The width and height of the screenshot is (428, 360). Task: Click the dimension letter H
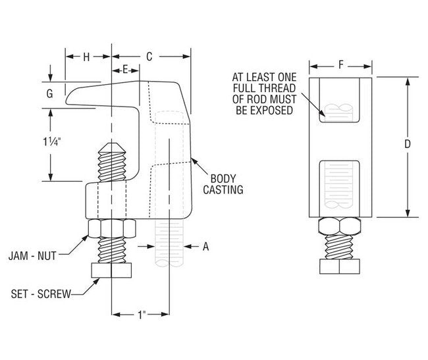[x=86, y=57]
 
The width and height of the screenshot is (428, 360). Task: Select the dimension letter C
[x=149, y=57]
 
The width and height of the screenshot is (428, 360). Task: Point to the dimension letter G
[x=49, y=94]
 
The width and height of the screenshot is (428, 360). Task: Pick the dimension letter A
[x=205, y=247]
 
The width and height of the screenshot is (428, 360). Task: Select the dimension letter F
[x=340, y=64]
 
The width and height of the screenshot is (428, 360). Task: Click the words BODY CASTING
[x=227, y=184]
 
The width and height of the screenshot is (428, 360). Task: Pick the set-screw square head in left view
[x=112, y=270]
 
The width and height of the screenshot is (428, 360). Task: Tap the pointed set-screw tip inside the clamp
[x=112, y=150]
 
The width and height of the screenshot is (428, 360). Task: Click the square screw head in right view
[x=340, y=267]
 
